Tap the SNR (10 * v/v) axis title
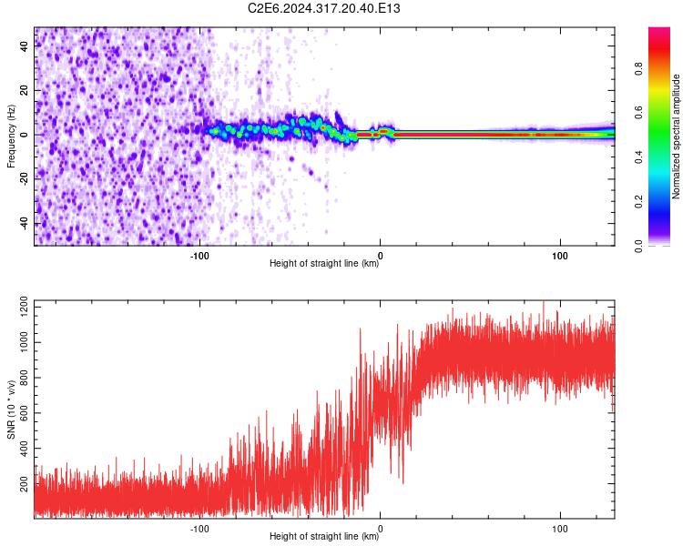(x=11, y=409)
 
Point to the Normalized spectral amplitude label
(x=677, y=136)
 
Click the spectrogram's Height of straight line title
(x=324, y=263)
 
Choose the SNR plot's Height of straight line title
(x=324, y=536)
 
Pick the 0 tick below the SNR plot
(x=381, y=527)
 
